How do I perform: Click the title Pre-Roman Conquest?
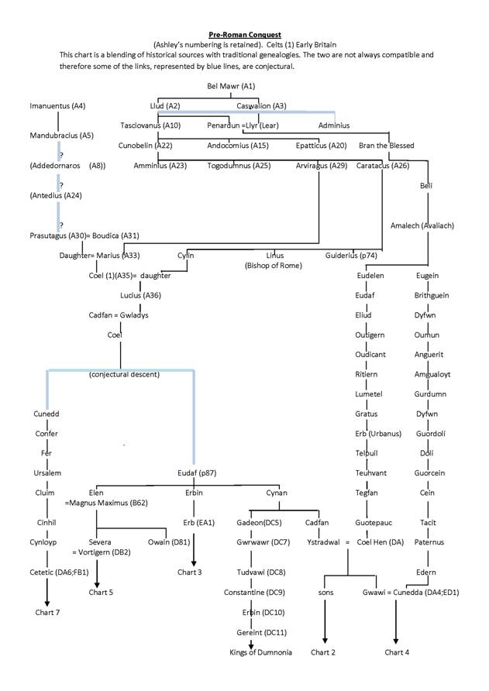click(x=243, y=34)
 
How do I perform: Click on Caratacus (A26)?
click(x=383, y=165)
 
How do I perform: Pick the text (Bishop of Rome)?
click(x=274, y=266)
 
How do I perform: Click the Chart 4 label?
click(x=397, y=652)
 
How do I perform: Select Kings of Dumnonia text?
click(x=261, y=652)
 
